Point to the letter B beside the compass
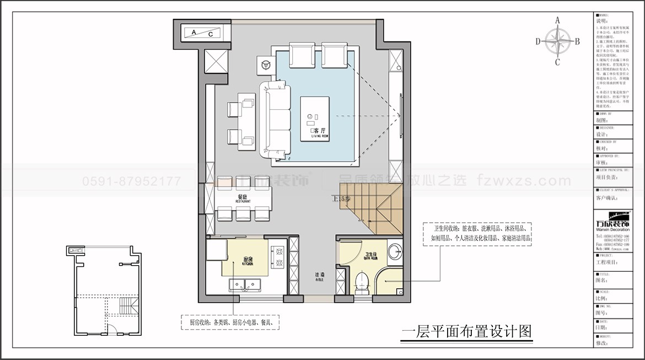tap(577, 41)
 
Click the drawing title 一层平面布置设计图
tap(467, 332)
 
